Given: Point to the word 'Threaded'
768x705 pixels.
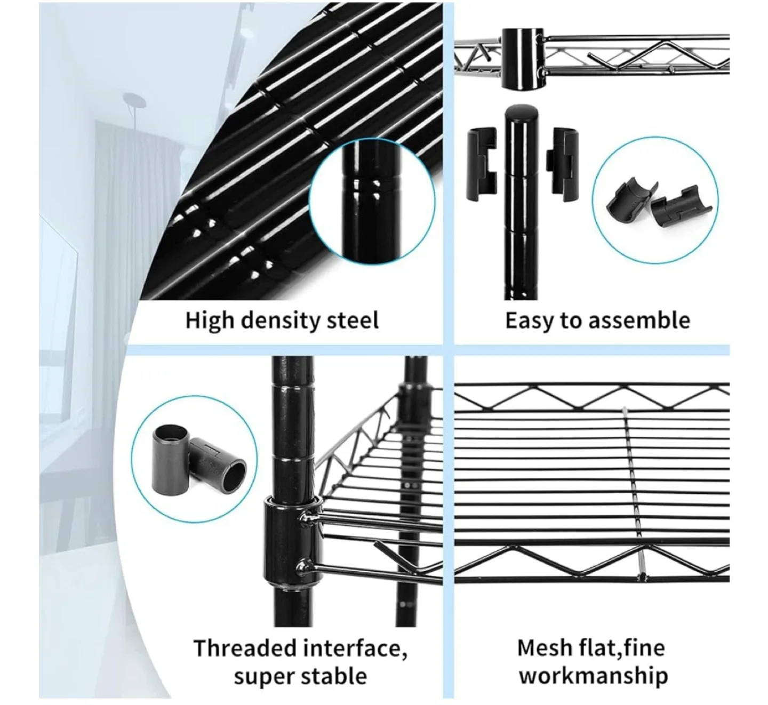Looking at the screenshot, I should click(244, 648).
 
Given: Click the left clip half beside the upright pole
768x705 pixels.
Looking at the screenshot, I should click(482, 164).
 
